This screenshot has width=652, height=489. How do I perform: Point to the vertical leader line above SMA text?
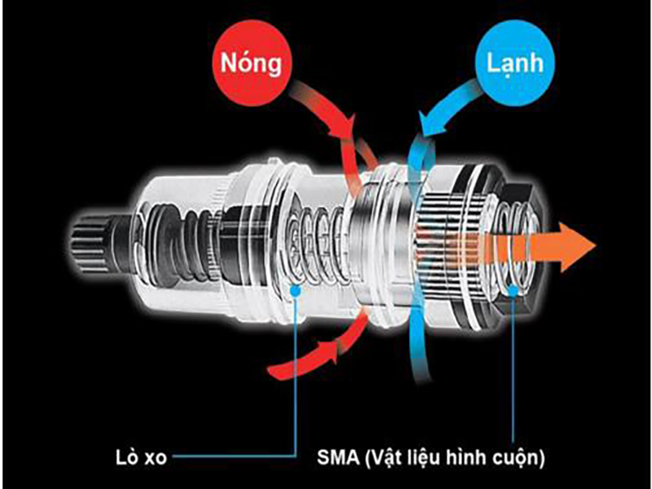513,367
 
